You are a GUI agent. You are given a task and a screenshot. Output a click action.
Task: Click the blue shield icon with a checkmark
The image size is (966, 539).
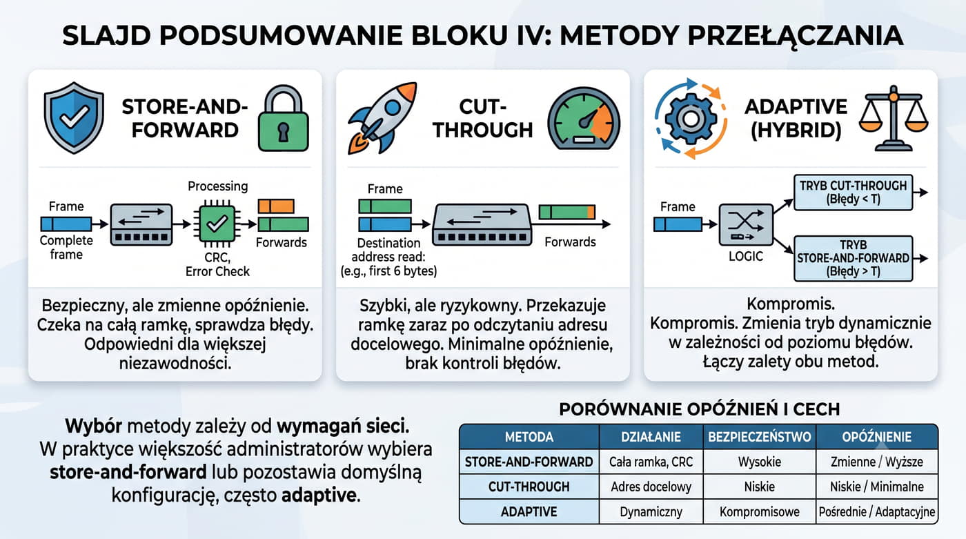click(x=74, y=117)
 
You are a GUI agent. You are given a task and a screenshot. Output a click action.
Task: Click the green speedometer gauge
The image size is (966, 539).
click(x=584, y=118)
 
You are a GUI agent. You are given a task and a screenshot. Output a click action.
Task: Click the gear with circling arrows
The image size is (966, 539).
click(x=691, y=119)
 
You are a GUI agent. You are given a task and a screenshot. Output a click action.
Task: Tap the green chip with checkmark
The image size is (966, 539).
click(x=217, y=224)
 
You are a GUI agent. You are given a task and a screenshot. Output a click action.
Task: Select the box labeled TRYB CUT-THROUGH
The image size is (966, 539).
click(x=853, y=193)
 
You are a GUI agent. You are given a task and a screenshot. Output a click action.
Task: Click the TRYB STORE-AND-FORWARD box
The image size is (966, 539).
click(x=853, y=258)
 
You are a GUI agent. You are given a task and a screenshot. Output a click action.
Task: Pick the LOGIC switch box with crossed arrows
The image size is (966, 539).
click(x=746, y=225)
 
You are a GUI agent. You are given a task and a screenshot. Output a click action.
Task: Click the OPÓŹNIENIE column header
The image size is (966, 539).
click(x=877, y=437)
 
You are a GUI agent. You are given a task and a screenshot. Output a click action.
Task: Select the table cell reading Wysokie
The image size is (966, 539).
click(x=760, y=462)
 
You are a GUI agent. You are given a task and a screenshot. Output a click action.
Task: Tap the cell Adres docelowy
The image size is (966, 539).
click(x=651, y=487)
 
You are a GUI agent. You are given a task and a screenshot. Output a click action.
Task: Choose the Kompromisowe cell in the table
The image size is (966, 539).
click(x=760, y=512)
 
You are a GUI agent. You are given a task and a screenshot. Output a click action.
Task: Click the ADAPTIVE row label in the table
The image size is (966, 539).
click(x=529, y=512)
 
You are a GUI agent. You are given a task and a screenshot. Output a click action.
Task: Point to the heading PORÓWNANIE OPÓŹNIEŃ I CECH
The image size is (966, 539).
click(x=700, y=409)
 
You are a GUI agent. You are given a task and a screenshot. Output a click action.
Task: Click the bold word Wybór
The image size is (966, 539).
click(x=94, y=427)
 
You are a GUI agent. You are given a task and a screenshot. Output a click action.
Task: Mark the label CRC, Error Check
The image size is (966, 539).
click(x=217, y=264)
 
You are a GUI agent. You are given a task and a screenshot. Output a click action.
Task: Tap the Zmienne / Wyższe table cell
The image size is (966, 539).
click(x=877, y=462)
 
